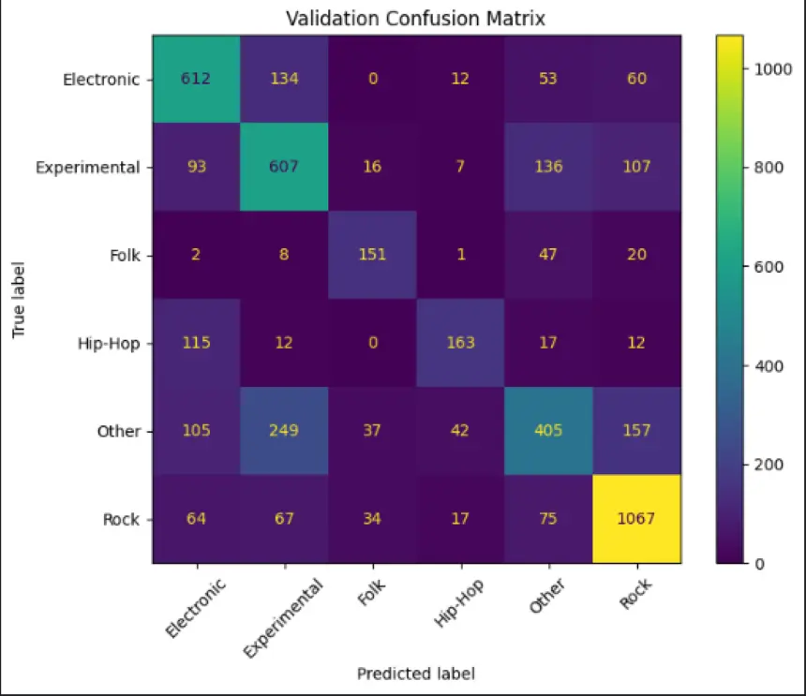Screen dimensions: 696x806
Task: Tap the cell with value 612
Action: coord(197,80)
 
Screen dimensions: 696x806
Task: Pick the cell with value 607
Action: coord(285,168)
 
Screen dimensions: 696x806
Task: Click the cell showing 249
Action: coord(285,431)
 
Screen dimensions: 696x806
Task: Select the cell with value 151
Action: coord(373,256)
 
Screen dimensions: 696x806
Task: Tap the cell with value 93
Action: coord(197,168)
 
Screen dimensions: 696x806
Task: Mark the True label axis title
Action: coord(19,300)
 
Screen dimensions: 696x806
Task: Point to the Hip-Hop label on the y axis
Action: coord(112,344)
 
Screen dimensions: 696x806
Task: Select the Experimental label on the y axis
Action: coord(87,169)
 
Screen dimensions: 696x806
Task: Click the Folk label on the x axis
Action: coord(368,596)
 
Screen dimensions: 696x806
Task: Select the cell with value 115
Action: coord(197,343)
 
